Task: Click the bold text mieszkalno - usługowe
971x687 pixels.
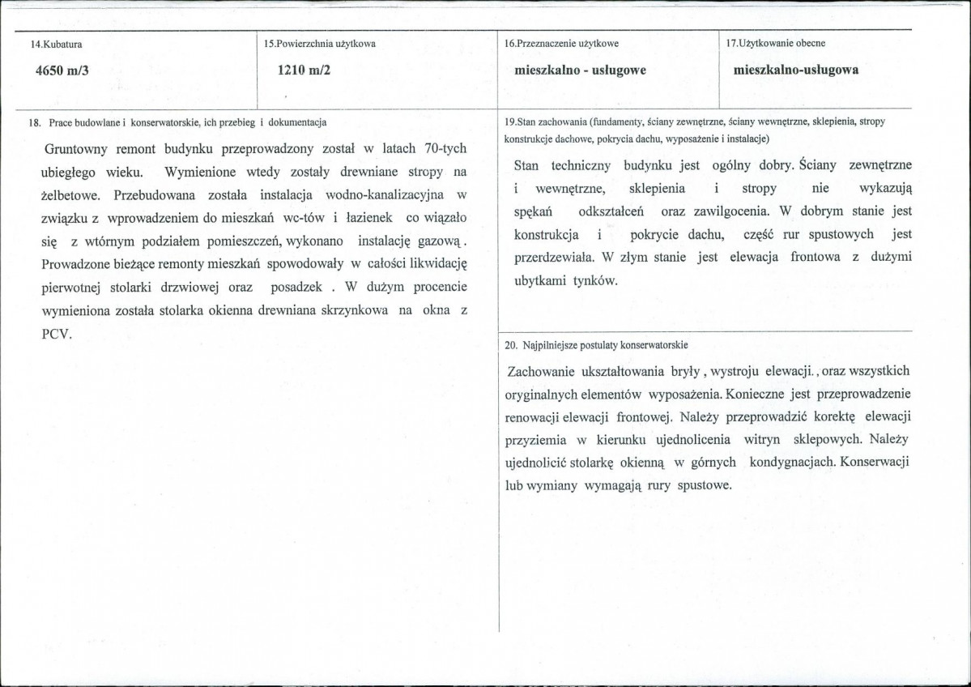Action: (x=580, y=70)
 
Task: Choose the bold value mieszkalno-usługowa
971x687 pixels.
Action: (x=795, y=70)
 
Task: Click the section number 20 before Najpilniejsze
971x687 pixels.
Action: (x=510, y=344)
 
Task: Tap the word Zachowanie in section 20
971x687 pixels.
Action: (x=541, y=371)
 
